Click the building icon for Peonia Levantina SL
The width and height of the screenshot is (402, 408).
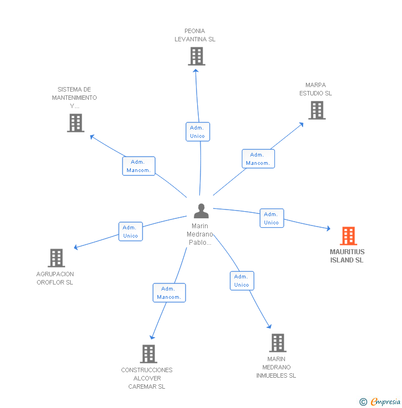click(196, 56)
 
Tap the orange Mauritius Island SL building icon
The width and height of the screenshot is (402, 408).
click(348, 236)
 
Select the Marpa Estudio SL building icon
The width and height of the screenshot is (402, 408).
click(316, 110)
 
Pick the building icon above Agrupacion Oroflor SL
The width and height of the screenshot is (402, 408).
click(56, 257)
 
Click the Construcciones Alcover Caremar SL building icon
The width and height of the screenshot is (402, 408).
click(148, 353)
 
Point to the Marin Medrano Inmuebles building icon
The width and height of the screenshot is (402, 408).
click(277, 342)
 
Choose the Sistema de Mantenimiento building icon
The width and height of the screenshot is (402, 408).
click(76, 122)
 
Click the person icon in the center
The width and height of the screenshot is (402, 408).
click(201, 211)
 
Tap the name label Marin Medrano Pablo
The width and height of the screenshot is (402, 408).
click(200, 234)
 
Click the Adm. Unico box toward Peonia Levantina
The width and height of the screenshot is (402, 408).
click(197, 132)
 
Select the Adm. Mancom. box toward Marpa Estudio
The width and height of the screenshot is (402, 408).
click(258, 159)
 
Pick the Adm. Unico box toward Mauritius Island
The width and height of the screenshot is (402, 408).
click(271, 218)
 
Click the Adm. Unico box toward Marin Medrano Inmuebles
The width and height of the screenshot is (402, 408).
click(241, 281)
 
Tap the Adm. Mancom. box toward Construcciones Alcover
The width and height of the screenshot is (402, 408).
click(168, 293)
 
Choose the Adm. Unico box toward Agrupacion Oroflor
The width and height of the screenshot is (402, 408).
click(130, 232)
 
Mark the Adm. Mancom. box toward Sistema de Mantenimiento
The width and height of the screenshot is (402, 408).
click(138, 166)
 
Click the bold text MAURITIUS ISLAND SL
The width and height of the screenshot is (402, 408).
click(347, 256)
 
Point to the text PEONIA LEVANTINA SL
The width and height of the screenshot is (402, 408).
click(195, 35)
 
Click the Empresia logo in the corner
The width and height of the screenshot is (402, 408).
click(380, 401)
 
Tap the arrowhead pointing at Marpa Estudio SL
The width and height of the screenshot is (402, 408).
click(301, 124)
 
